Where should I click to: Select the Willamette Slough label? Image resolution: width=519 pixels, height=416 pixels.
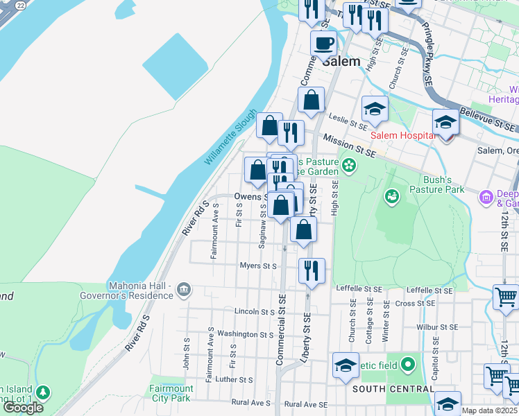coord(230,138)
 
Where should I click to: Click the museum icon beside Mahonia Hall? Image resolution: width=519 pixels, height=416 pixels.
coord(183,289)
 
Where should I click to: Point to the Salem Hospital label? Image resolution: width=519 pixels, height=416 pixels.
coord(402,135)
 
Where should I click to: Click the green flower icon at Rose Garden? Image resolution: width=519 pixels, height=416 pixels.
coord(349,166)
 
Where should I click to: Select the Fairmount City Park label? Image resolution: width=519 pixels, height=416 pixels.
coord(171,393)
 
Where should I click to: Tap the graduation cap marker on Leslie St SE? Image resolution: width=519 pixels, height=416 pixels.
coord(374,109)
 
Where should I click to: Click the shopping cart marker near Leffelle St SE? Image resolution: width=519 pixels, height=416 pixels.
coord(506,297)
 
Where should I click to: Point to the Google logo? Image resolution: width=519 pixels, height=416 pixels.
coord(23,407)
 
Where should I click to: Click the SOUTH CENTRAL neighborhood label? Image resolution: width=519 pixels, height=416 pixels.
coord(393,389)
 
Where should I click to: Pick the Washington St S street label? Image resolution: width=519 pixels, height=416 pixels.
coord(246,334)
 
